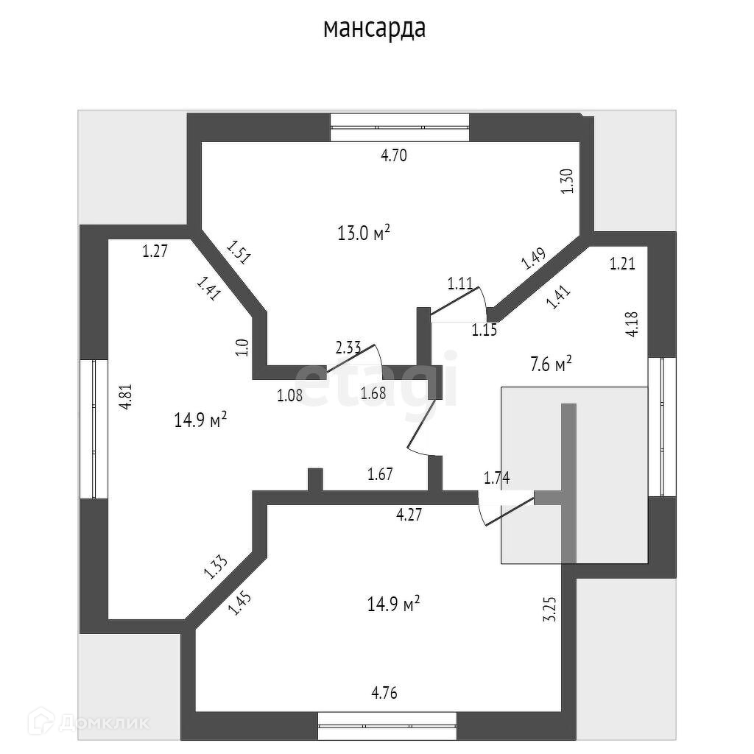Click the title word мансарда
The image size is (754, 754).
click(x=375, y=29)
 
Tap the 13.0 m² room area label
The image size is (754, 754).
click(x=363, y=234)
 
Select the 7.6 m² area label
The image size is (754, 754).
click(x=552, y=363)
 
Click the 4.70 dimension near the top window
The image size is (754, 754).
click(x=393, y=155)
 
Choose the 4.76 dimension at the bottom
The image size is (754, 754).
click(x=389, y=692)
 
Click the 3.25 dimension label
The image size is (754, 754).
click(x=549, y=609)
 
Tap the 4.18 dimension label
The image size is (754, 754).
click(x=632, y=324)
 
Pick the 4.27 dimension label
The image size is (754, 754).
click(x=409, y=515)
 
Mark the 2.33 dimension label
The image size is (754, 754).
click(x=348, y=346)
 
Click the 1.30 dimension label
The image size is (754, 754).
click(x=567, y=181)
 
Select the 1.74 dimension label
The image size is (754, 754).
click(x=496, y=478)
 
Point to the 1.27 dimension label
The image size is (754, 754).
click(x=155, y=251)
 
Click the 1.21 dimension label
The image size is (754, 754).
click(x=622, y=264)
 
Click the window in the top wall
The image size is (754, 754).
click(x=399, y=127)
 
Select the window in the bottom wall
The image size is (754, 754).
click(x=387, y=725)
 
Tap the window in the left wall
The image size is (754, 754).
click(x=94, y=429)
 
